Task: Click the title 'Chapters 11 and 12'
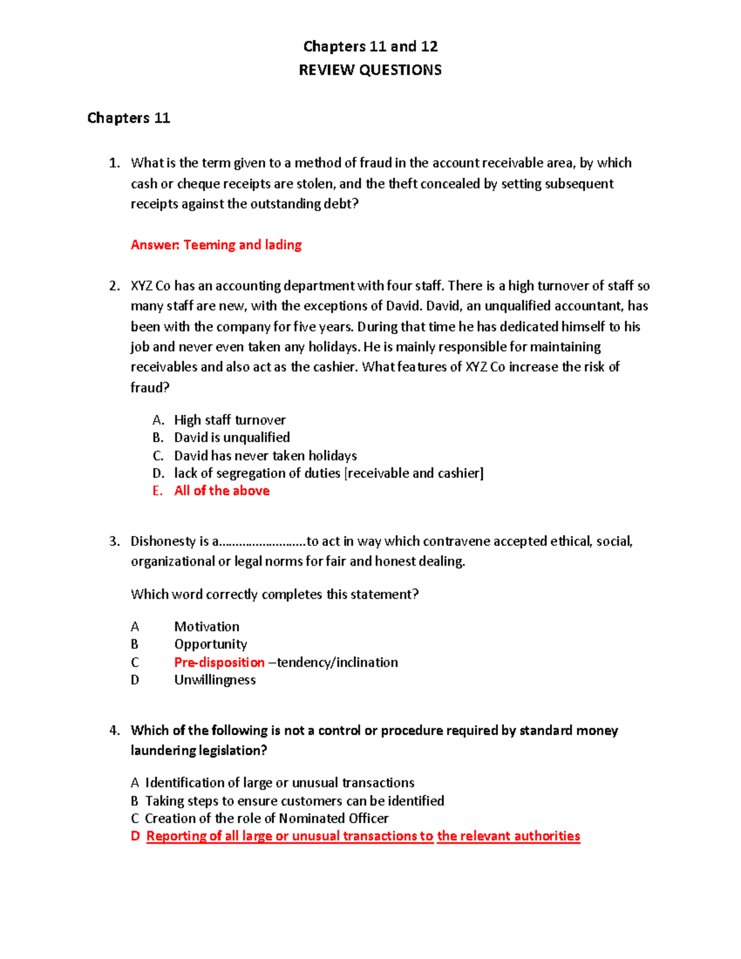[x=370, y=46]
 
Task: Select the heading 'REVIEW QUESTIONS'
[x=370, y=70]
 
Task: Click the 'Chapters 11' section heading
[x=128, y=118]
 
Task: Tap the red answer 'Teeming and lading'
[x=242, y=245]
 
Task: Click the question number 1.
[x=114, y=163]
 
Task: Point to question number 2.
[x=114, y=286]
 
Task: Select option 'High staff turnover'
[x=230, y=420]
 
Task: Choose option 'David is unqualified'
[x=232, y=437]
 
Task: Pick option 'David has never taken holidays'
[x=266, y=456]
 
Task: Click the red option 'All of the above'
[x=222, y=491]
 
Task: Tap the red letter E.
[x=157, y=491]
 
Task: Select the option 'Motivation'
[x=206, y=627]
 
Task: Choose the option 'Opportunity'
[x=211, y=644]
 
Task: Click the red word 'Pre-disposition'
[x=219, y=663]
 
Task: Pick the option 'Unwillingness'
[x=215, y=680]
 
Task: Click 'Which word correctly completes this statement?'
[x=275, y=594]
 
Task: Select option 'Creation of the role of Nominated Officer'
[x=266, y=818]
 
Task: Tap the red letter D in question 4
[x=135, y=836]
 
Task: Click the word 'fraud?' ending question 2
[x=149, y=388]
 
